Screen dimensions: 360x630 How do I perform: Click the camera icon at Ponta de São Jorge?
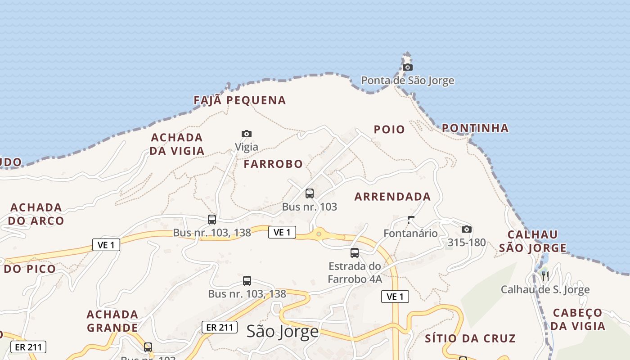408,67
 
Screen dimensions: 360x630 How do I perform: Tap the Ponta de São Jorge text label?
408,81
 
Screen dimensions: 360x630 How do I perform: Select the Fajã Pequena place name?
240,100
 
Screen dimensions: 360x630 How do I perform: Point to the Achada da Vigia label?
177,144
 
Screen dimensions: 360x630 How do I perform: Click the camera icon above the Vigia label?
247,134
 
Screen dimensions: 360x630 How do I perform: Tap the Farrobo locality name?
273,164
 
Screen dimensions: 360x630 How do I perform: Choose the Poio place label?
389,130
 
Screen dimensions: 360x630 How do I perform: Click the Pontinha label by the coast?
475,128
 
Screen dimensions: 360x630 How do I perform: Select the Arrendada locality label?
393,197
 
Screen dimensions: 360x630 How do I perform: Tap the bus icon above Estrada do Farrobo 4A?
355,252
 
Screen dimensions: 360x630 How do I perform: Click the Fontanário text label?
410,233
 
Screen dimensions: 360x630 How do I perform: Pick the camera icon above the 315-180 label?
467,229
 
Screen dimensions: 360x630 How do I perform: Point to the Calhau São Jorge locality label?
533,241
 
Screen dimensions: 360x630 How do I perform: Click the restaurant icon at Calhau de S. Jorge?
545,275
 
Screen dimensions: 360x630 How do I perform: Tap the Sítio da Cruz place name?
470,338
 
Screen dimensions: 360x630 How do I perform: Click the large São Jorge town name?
283,332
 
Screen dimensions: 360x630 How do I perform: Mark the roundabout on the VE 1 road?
319,234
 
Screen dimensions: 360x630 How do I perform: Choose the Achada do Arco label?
36,214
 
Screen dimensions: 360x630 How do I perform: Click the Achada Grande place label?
112,321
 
